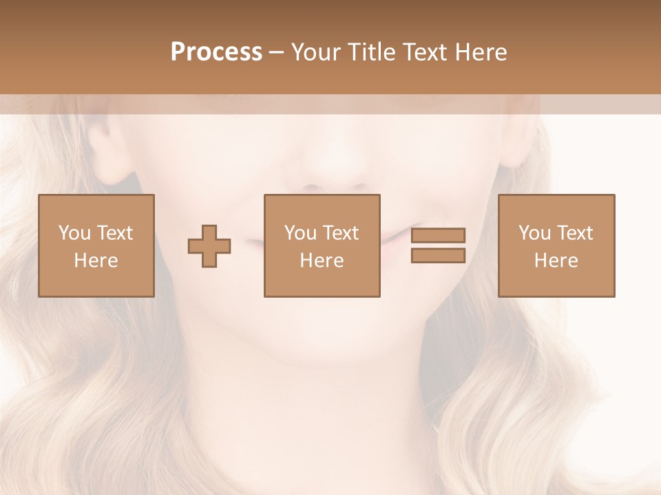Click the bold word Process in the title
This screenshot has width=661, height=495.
coord(216,52)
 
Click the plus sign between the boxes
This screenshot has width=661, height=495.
coord(209,246)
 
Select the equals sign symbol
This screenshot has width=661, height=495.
coord(438,245)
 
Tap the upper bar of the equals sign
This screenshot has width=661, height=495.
coord(438,236)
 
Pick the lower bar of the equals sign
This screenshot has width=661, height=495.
coord(438,255)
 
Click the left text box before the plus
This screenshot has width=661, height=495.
coord(96,246)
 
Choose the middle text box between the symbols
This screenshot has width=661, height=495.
coord(322,246)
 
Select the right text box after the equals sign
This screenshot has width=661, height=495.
coord(556,246)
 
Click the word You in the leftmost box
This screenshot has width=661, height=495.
coord(73,233)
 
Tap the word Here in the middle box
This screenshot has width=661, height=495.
coord(322,261)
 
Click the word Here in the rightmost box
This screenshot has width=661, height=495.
coord(556,261)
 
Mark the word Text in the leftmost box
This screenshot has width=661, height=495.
coord(116,233)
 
